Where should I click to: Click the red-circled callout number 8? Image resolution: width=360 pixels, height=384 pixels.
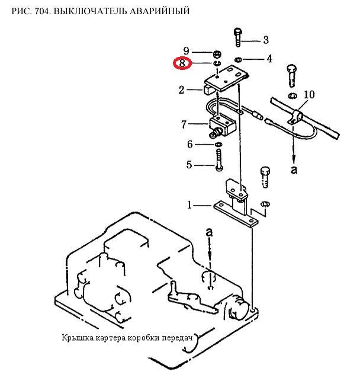[x=182, y=63]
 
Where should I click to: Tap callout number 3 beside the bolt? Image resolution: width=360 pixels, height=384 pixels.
[x=266, y=40]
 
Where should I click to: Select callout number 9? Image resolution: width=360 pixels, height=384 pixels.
[x=187, y=51]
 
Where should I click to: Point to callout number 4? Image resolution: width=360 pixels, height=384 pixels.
[x=269, y=59]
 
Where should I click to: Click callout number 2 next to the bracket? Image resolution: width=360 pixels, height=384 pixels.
[x=181, y=90]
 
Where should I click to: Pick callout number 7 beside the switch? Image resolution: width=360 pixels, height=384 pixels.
[x=184, y=124]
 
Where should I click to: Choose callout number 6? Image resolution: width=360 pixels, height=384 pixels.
[x=190, y=144]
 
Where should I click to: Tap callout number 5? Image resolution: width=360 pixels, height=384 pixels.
[x=189, y=165]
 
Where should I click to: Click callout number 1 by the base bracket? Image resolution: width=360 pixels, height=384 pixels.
[x=189, y=204]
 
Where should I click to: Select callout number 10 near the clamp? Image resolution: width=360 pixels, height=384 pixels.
[x=309, y=94]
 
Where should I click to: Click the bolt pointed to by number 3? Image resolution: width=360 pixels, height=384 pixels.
[x=238, y=37]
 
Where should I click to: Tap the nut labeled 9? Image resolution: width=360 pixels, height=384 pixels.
[x=217, y=54]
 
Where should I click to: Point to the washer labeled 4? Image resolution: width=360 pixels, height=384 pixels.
[x=238, y=59]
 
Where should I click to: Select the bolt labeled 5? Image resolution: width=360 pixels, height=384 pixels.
[x=219, y=160]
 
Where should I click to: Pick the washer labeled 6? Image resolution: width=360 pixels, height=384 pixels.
[x=218, y=144]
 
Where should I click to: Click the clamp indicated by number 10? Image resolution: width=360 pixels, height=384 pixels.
[x=295, y=117]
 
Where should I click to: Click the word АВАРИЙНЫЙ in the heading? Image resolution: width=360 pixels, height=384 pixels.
[x=159, y=11]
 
